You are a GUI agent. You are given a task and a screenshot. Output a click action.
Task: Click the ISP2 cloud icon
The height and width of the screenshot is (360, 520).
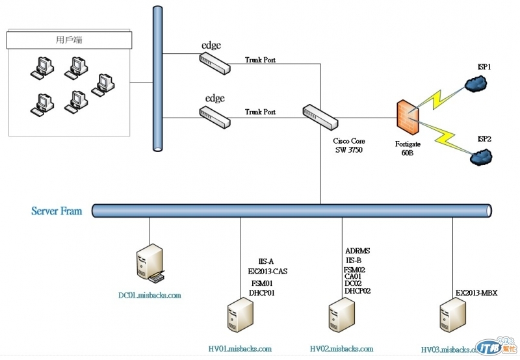[482, 156]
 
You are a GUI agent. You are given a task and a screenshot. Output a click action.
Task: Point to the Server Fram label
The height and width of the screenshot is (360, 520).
[57, 211]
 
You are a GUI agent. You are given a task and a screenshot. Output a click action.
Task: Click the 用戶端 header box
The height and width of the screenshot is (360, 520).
[70, 40]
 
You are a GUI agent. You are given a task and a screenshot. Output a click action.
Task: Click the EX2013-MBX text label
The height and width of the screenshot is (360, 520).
[476, 293]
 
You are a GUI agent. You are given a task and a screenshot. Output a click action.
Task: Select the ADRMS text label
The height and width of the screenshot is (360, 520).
[357, 250]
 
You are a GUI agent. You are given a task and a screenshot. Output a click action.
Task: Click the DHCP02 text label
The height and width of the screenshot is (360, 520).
[357, 290]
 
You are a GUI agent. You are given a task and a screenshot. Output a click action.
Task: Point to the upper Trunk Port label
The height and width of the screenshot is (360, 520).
[260, 60]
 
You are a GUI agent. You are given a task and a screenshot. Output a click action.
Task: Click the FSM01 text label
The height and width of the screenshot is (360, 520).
[262, 283]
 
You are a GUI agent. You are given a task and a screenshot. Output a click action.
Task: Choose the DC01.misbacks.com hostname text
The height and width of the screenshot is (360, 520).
[149, 296]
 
